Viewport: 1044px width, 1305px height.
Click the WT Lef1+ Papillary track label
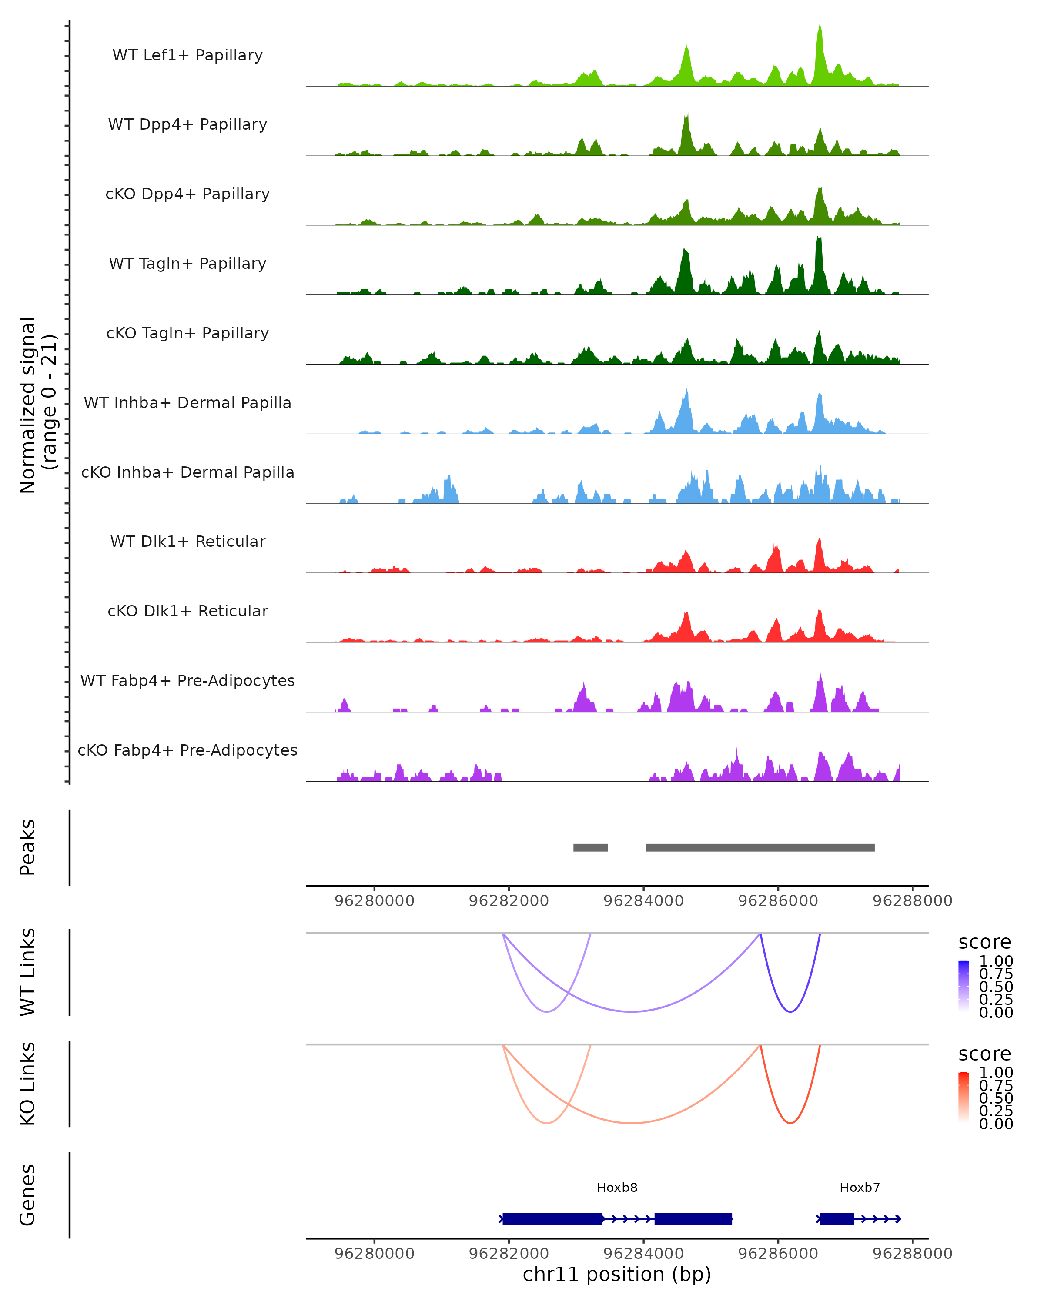click(x=187, y=55)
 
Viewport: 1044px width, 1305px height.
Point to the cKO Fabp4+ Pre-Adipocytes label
click(x=187, y=750)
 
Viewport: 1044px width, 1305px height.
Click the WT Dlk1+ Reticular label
click(x=187, y=541)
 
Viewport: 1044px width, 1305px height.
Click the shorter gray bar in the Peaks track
click(x=590, y=847)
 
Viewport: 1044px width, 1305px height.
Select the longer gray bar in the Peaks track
click(x=760, y=847)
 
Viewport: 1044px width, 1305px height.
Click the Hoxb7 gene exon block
click(x=837, y=1218)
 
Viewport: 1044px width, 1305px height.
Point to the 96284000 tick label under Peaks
click(x=643, y=901)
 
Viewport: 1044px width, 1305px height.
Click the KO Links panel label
click(x=28, y=1084)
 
